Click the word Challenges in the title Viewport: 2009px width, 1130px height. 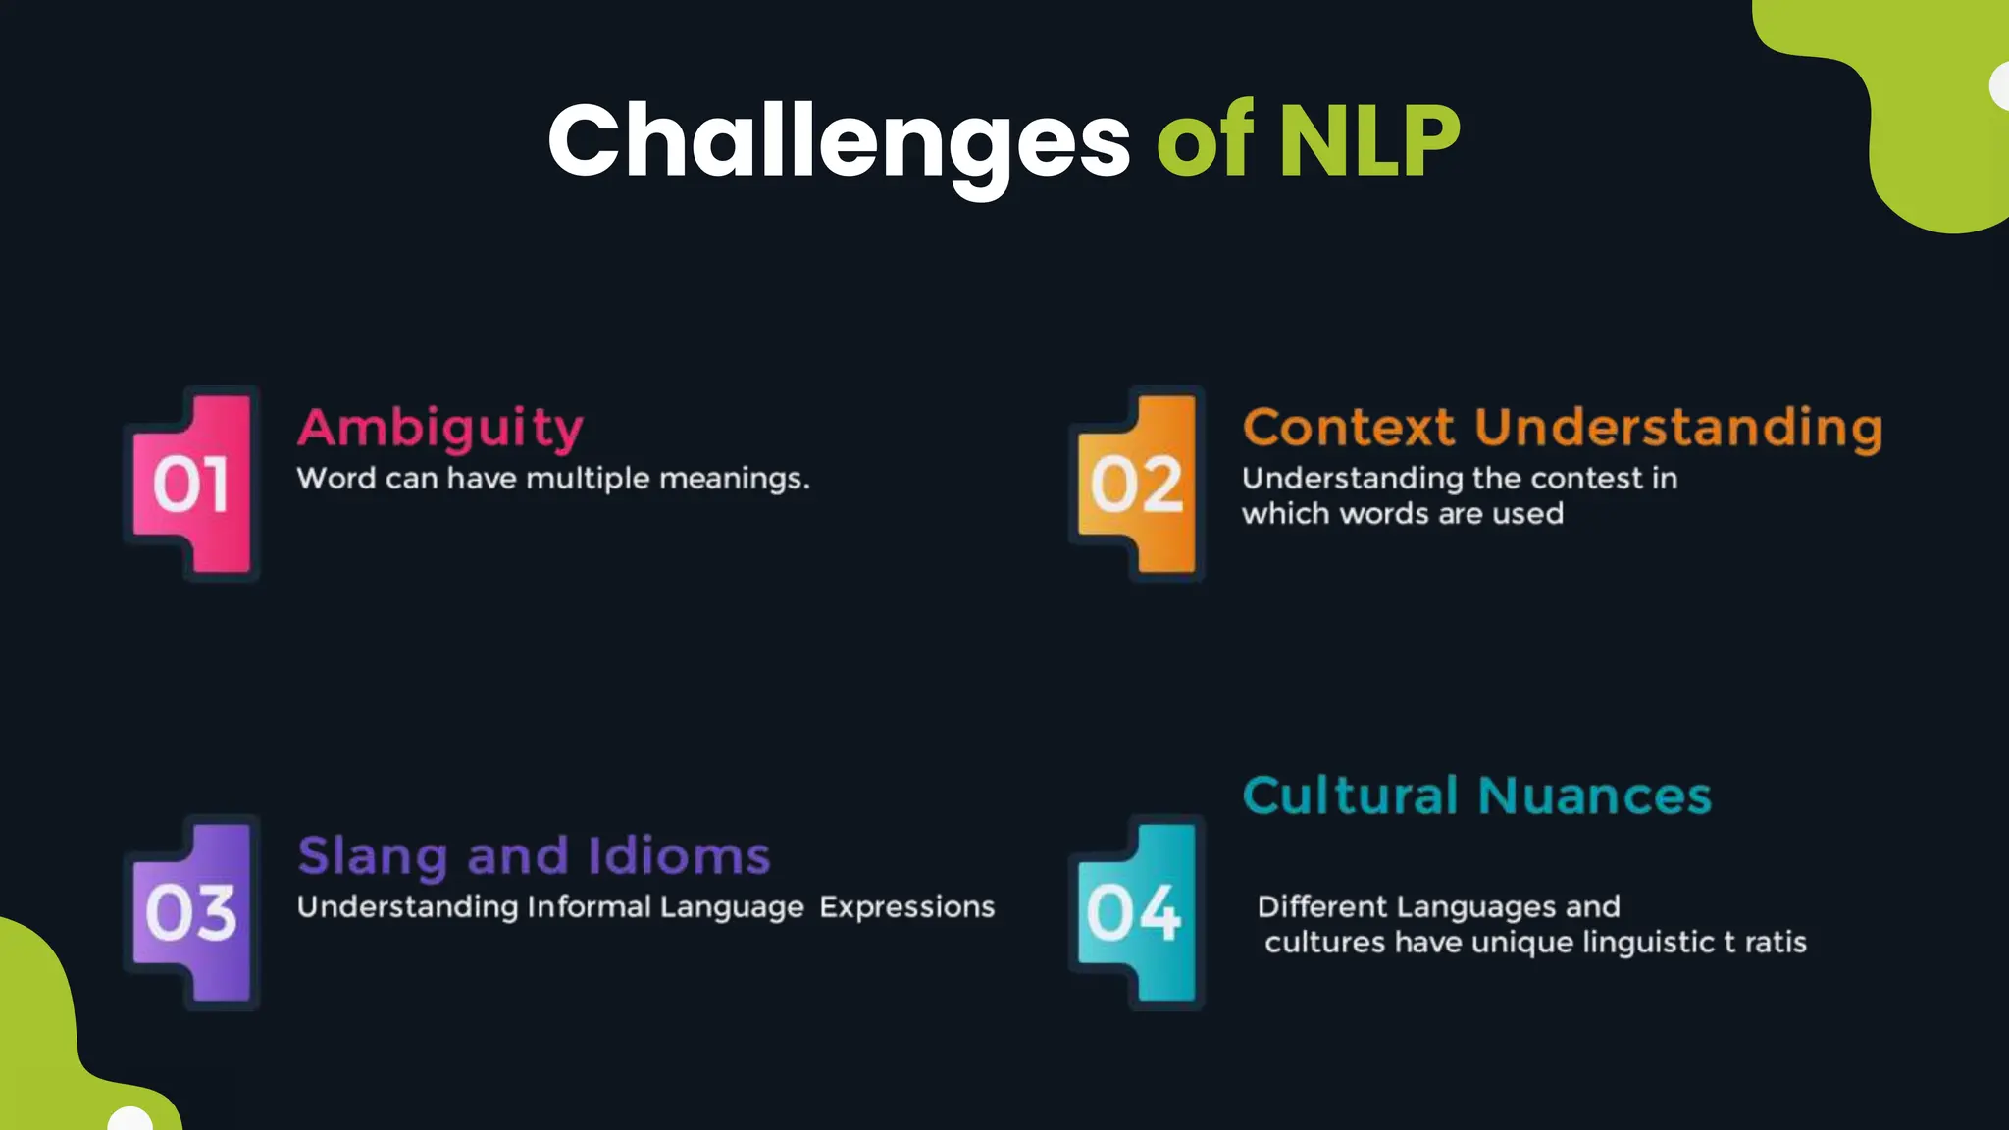pyautogui.click(x=839, y=140)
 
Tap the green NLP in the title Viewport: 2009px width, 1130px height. pyautogui.click(x=1369, y=140)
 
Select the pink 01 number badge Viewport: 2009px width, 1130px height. pyautogui.click(x=191, y=484)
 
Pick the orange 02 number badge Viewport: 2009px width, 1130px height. pyautogui.click(x=1137, y=484)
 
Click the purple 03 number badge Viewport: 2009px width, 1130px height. pyautogui.click(x=191, y=912)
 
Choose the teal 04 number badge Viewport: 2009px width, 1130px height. pyautogui.click(x=1135, y=912)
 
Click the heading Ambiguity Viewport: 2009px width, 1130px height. pyautogui.click(x=440, y=428)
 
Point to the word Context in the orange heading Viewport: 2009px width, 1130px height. pyautogui.click(x=1349, y=428)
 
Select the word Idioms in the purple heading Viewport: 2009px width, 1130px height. pyautogui.click(x=679, y=856)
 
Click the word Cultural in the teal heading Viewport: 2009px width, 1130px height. pyautogui.click(x=1351, y=796)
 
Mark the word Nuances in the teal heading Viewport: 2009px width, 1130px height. pyautogui.click(x=1595, y=796)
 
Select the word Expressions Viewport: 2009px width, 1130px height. pyautogui.click(x=907, y=907)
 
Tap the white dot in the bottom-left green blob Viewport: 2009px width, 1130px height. pyautogui.click(x=130, y=1120)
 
